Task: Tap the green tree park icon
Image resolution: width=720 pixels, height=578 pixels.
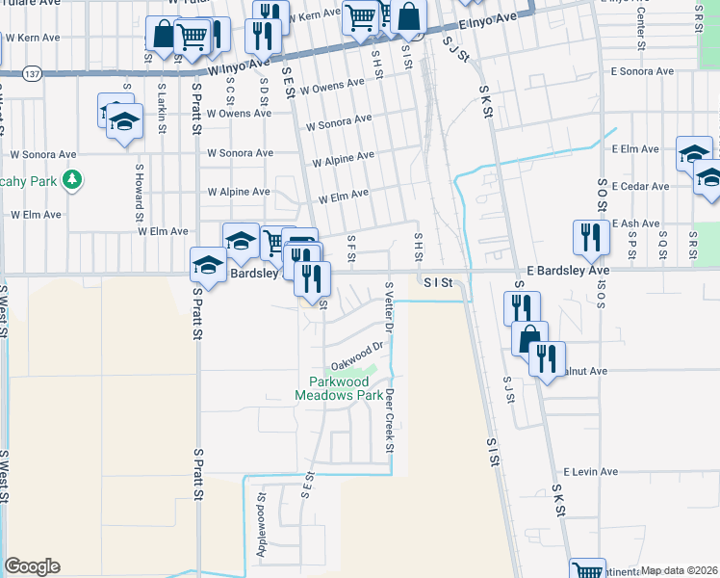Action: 70,179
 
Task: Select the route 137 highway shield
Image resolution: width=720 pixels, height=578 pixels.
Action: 32,73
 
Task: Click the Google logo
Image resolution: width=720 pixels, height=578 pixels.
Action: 32,566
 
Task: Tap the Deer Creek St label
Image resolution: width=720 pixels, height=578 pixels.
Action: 390,420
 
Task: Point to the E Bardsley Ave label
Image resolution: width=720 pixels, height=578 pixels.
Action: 568,272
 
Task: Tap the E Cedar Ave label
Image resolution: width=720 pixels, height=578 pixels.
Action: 640,187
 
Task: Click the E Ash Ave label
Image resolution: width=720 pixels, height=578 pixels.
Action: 634,223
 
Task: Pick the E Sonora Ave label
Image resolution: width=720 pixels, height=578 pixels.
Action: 644,71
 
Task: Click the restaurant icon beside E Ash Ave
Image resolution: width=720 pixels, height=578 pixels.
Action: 590,237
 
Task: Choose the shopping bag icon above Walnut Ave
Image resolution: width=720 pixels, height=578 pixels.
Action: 529,338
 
